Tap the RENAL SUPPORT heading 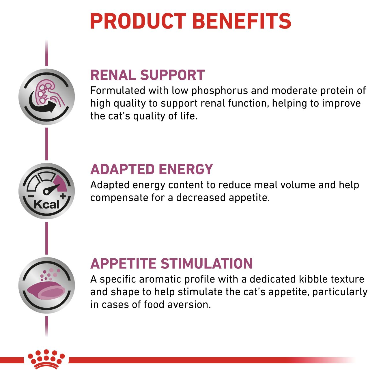click(x=147, y=75)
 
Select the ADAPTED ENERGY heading click(x=152, y=169)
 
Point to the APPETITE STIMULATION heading click(x=171, y=264)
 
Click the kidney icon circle click(x=47, y=97)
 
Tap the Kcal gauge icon click(x=47, y=191)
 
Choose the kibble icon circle click(x=47, y=285)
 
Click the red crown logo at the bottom click(x=46, y=359)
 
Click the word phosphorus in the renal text click(x=220, y=91)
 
